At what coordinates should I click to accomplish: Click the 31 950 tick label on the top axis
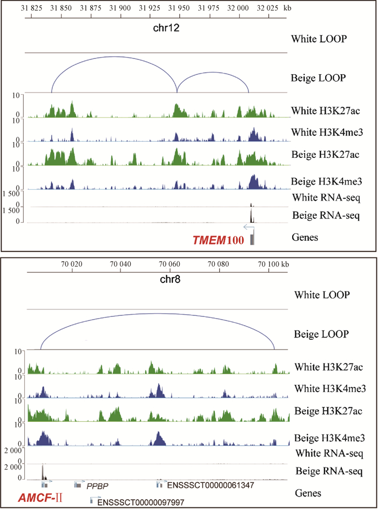click(x=178, y=9)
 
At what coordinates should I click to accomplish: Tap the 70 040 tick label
click(x=120, y=265)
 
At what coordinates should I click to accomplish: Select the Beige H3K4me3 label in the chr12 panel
click(x=326, y=181)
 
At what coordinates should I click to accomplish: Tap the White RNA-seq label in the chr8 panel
click(x=326, y=453)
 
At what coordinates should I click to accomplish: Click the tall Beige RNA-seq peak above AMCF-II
click(x=43, y=471)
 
